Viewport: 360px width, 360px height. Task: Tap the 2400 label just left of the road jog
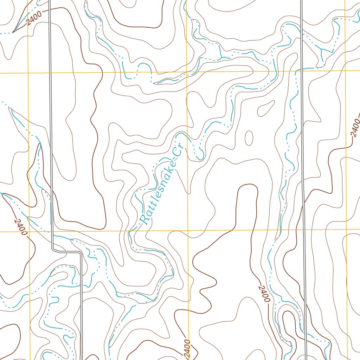tap(20, 227)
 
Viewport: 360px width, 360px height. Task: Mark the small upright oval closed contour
tap(249, 138)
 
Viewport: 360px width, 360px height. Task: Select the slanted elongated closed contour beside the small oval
tap(266, 108)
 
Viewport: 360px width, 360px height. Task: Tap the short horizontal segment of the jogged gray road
tap(67, 252)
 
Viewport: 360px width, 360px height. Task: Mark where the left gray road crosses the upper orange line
tap(50, 73)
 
